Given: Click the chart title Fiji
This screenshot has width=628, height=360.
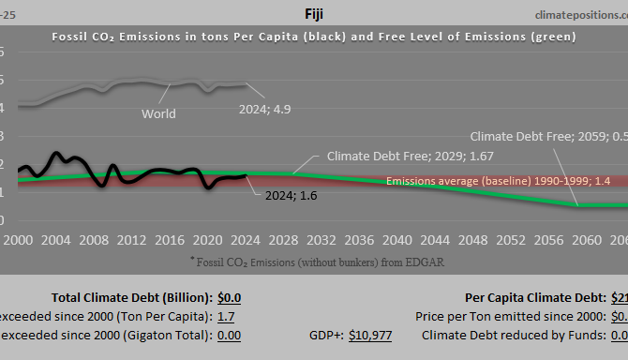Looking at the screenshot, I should (x=314, y=14).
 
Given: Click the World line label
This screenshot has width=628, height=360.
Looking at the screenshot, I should (x=158, y=114).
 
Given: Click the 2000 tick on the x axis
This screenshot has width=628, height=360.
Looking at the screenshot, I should (x=18, y=239).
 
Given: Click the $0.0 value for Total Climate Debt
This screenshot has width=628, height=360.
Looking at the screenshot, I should (x=229, y=297).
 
